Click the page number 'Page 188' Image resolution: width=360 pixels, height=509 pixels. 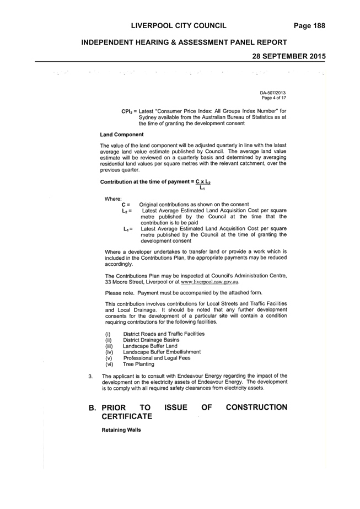point(309,26)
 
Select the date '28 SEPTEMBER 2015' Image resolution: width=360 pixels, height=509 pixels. point(289,56)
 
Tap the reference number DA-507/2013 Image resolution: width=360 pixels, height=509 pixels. point(273,93)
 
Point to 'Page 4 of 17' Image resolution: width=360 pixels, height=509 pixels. point(273,98)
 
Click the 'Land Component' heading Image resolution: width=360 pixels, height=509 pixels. point(122,135)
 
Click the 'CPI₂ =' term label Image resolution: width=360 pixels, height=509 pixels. point(129,111)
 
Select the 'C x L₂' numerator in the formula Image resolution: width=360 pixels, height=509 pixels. point(203,182)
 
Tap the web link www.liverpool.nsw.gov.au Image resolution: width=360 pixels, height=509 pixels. point(209,282)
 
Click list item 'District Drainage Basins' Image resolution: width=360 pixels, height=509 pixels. point(151,340)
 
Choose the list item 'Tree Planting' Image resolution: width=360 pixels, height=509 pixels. point(138,364)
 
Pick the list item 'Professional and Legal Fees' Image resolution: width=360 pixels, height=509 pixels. point(157,358)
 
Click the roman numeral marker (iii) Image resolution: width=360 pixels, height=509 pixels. point(109,346)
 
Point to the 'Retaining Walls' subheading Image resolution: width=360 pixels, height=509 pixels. point(121,430)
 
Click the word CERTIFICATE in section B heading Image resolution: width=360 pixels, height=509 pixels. point(127,416)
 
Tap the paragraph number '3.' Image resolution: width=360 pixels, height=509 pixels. point(90,376)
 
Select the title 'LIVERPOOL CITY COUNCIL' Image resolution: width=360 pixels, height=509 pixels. point(179,26)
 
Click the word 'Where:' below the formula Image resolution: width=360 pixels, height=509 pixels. point(113,199)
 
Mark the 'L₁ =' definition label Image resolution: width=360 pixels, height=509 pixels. point(128,229)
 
